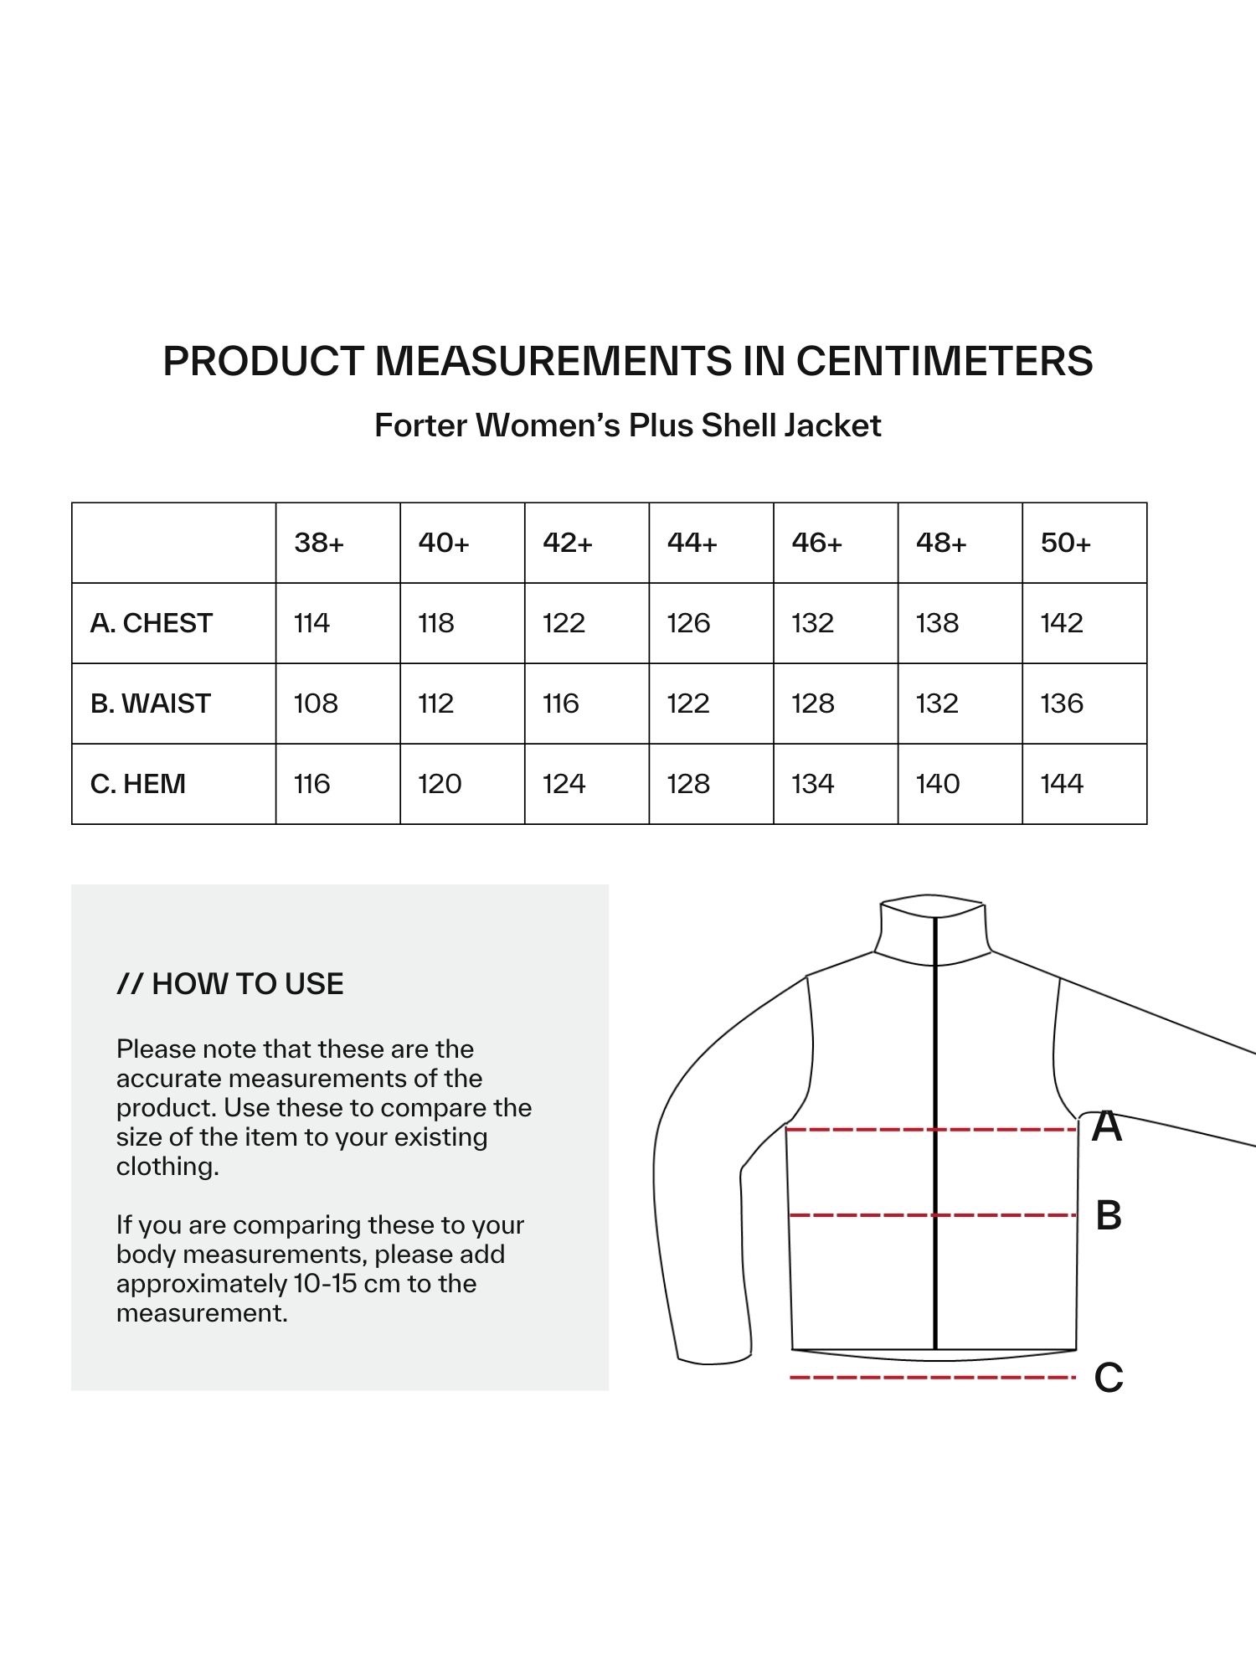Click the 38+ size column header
coord(319,543)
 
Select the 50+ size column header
coord(1065,543)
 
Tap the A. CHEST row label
coord(152,623)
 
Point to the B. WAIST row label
coord(151,703)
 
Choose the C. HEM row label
coord(138,784)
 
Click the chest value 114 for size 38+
coord(311,623)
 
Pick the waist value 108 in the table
coord(316,703)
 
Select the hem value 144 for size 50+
coord(1062,784)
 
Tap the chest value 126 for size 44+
coord(688,623)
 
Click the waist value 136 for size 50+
coord(1062,703)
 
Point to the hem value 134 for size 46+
coord(812,784)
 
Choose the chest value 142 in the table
coord(1062,623)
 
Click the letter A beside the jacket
coord(1107,1127)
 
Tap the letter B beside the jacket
coord(1109,1215)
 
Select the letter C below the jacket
coord(1109,1378)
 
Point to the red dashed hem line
coord(933,1377)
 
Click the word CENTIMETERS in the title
coord(945,361)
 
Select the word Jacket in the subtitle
coord(832,425)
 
